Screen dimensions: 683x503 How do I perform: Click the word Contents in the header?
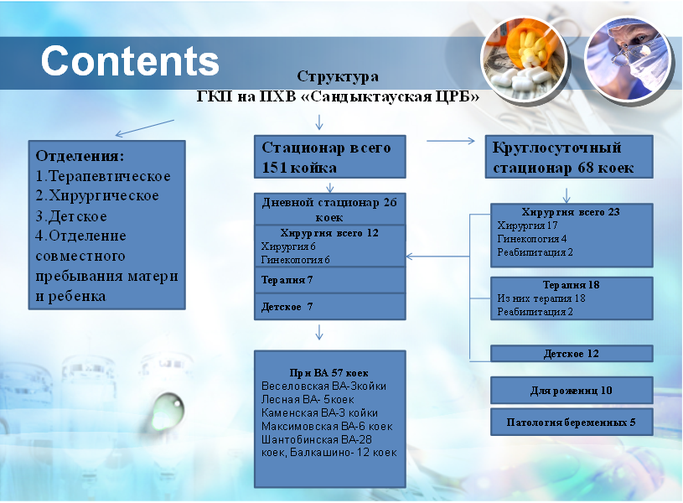point(130,60)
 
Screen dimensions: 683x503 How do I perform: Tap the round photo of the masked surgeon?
point(627,60)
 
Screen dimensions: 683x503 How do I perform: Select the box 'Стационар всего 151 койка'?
point(329,157)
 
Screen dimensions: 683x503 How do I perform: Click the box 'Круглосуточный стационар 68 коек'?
point(569,157)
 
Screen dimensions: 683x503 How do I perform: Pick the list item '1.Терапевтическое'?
point(103,176)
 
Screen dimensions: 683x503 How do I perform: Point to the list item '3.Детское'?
point(71,216)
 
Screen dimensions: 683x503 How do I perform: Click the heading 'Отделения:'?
point(80,156)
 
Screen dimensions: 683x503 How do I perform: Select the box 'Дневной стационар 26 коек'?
point(329,210)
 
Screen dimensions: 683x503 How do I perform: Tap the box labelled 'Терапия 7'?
point(329,280)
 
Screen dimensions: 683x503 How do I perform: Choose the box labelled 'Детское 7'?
point(329,307)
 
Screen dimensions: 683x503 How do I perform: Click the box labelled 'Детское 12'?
point(572,354)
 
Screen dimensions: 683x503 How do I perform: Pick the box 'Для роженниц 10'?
point(572,390)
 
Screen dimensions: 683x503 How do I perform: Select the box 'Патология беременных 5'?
point(572,422)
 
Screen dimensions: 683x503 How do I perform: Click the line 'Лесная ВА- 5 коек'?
point(308,400)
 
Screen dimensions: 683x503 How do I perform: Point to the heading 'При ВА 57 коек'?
point(329,373)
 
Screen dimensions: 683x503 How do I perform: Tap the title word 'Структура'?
point(338,77)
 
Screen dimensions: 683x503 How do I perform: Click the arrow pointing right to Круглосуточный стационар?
point(450,141)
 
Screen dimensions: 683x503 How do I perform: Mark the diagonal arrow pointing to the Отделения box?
point(145,128)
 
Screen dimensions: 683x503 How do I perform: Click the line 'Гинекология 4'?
point(532,239)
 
